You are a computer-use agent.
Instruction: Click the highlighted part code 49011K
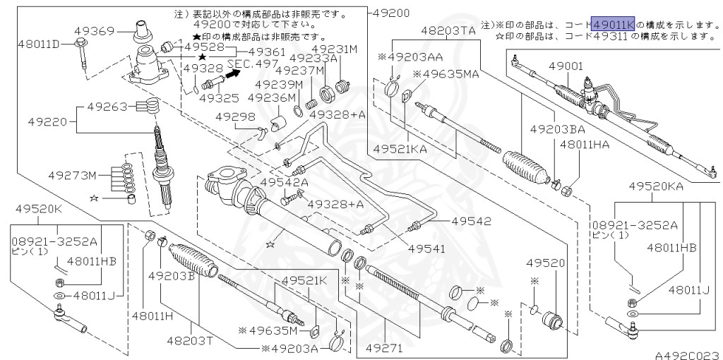coord(613,23)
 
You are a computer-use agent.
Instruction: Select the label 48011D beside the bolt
coord(40,44)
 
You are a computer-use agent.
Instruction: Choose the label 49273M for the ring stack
coord(72,175)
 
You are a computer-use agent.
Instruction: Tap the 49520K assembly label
coord(38,209)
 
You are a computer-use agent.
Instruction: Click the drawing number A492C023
coord(688,355)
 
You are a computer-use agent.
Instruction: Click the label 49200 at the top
coord(391,13)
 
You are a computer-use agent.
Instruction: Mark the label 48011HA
coord(584,145)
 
